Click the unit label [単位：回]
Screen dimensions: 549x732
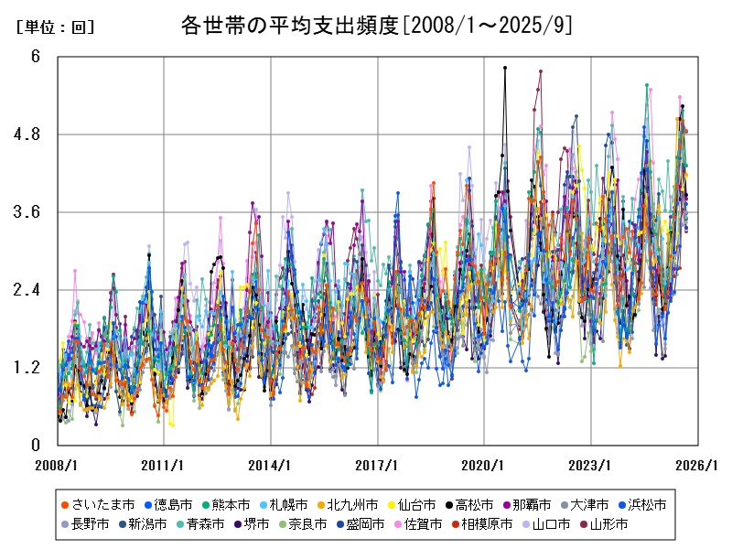pos(55,27)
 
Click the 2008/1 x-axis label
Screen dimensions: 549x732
pos(57,465)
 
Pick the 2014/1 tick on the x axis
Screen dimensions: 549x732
pos(271,465)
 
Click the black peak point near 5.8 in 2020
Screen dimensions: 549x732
pos(505,68)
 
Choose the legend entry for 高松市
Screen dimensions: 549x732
pos(469,504)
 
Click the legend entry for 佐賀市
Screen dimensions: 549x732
pos(416,524)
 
